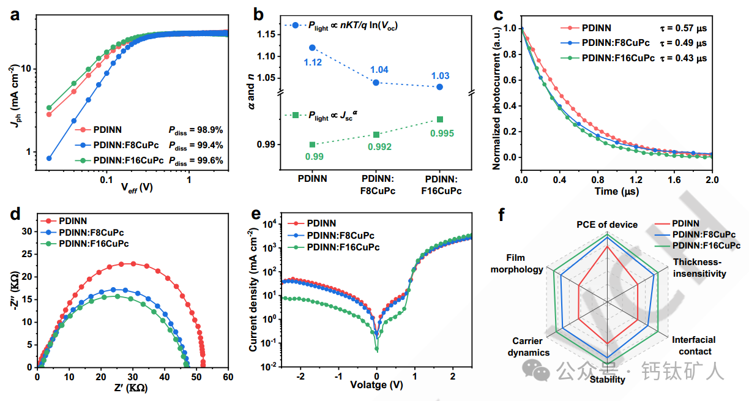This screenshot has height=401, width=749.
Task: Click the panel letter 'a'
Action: [x=13, y=15]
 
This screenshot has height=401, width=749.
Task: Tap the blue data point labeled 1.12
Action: [x=312, y=48]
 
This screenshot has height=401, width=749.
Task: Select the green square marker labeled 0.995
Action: [x=439, y=119]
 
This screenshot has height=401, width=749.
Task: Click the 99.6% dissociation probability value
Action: [x=196, y=161]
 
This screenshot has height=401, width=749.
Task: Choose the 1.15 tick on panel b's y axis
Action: [x=267, y=34]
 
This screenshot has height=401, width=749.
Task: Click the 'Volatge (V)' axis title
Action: [x=376, y=385]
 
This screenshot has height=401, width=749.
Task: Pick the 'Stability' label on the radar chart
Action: [x=608, y=380]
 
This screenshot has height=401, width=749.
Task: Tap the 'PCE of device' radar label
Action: [x=607, y=225]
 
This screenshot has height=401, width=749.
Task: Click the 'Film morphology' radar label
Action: [x=525, y=264]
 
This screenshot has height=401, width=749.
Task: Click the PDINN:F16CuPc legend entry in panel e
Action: [x=343, y=247]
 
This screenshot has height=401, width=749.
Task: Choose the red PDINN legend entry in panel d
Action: [x=72, y=220]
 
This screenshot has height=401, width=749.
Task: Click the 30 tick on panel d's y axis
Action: [x=27, y=231]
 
